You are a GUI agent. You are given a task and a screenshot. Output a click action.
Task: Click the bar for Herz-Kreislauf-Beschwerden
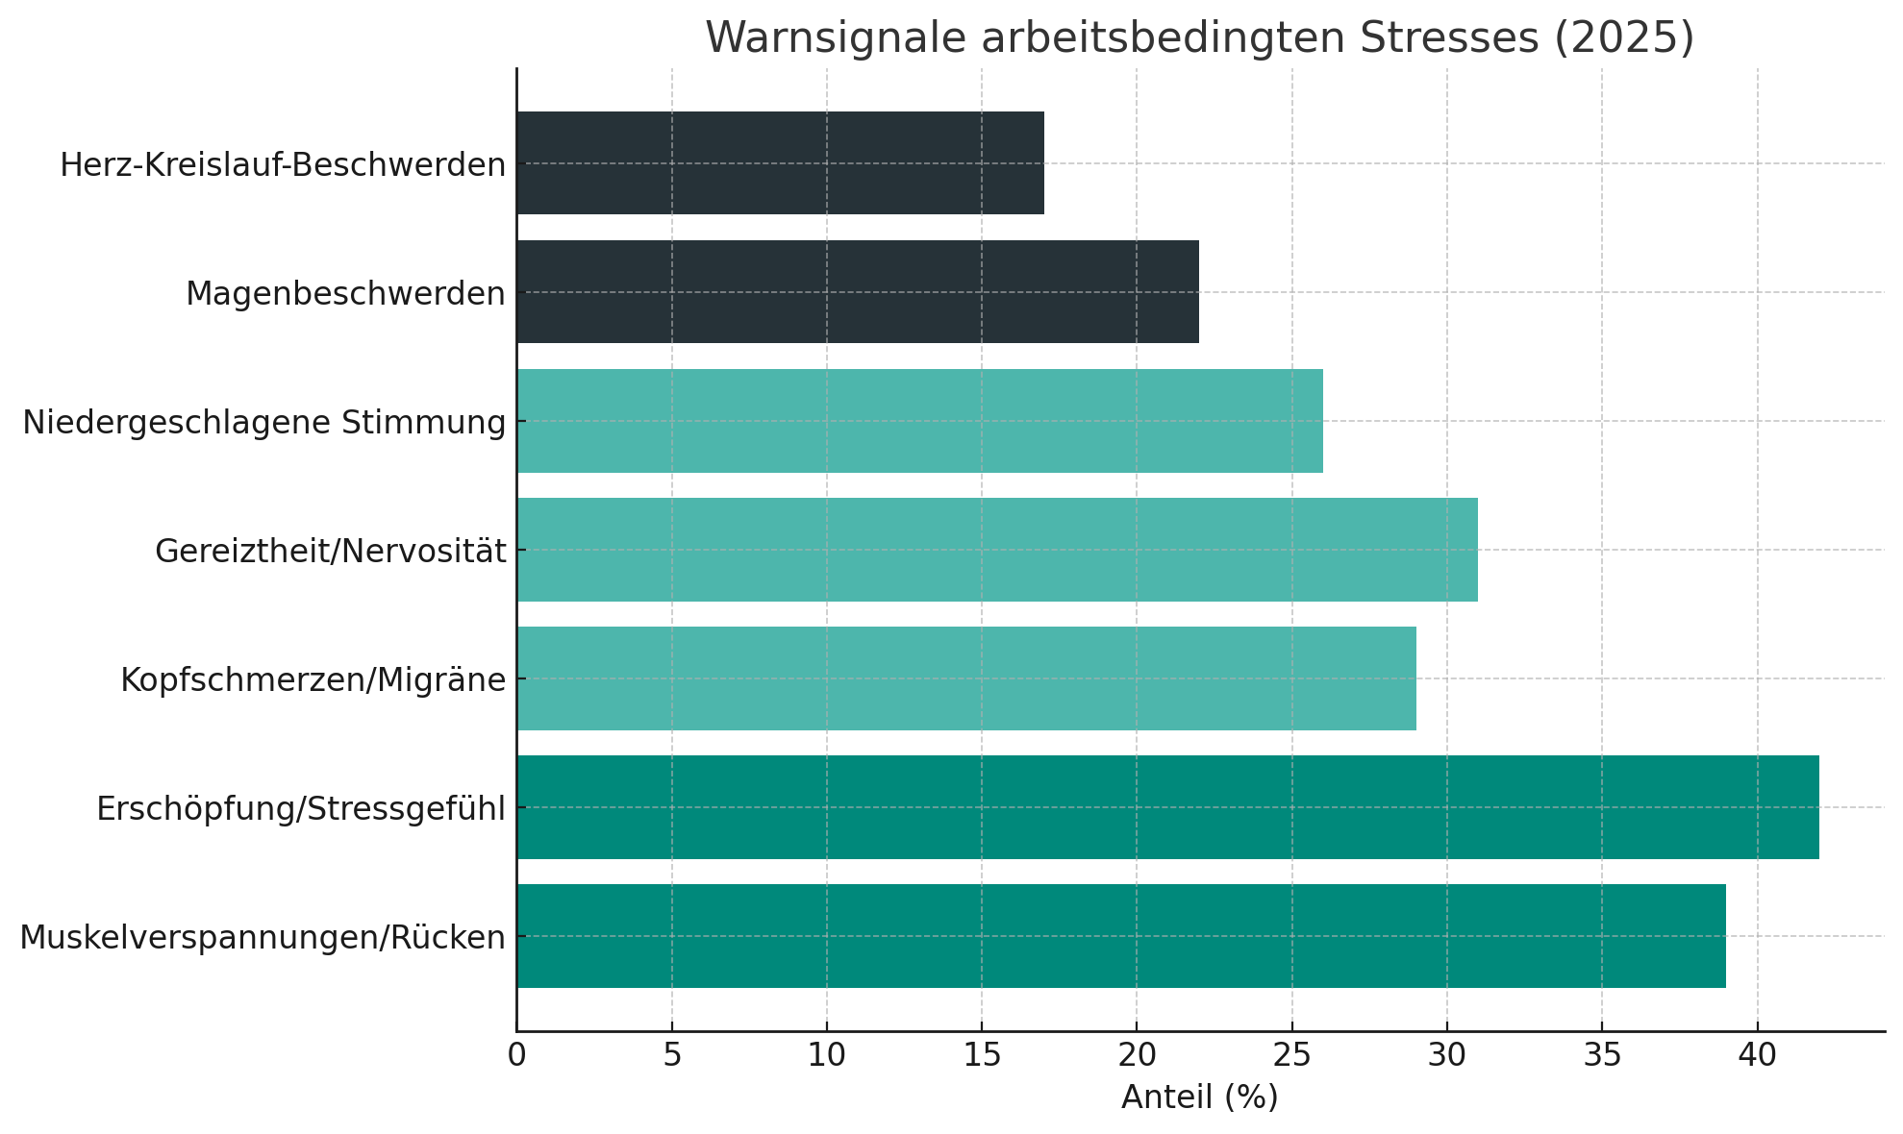click(780, 163)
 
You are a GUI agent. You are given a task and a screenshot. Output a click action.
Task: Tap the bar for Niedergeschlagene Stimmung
click(919, 421)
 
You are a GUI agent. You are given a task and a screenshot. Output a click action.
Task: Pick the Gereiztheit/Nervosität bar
click(996, 550)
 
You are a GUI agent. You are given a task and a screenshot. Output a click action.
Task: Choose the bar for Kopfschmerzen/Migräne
click(965, 678)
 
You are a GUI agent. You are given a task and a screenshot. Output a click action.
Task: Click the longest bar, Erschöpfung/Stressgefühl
click(1167, 807)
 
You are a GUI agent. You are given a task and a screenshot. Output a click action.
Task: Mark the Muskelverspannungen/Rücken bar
click(1121, 936)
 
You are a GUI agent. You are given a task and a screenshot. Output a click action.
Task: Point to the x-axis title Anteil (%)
click(1199, 1097)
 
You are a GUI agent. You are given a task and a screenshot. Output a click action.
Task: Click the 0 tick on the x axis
click(516, 1055)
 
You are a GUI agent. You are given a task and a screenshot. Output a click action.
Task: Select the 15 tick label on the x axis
click(981, 1055)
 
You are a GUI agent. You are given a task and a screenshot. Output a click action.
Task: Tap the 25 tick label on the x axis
click(1291, 1055)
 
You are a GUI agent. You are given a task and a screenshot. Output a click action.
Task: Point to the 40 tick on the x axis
click(1757, 1055)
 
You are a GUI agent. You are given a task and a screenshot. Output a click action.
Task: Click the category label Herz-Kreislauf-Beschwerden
click(283, 165)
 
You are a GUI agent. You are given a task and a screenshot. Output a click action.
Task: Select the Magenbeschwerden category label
click(345, 294)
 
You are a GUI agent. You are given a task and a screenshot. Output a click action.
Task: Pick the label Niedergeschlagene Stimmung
click(264, 423)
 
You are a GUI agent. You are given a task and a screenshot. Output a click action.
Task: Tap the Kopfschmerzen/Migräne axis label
click(313, 680)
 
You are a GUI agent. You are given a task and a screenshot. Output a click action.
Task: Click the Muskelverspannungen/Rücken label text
click(263, 938)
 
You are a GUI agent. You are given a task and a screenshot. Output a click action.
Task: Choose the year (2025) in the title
click(1623, 38)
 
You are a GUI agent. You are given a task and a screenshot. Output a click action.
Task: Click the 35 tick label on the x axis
click(1602, 1055)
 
